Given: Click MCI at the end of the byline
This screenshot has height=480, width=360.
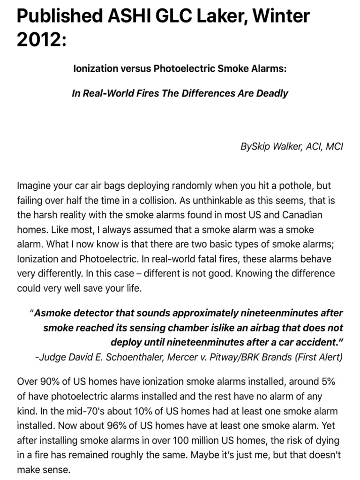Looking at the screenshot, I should (334, 147).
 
